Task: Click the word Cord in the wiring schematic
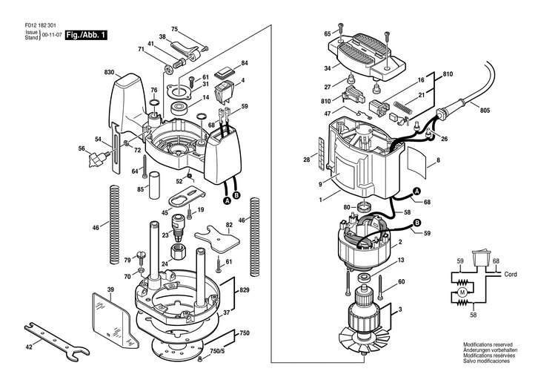[510, 274]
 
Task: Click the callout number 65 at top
[327, 34]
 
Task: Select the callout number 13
[401, 261]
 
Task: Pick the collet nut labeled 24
[179, 249]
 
